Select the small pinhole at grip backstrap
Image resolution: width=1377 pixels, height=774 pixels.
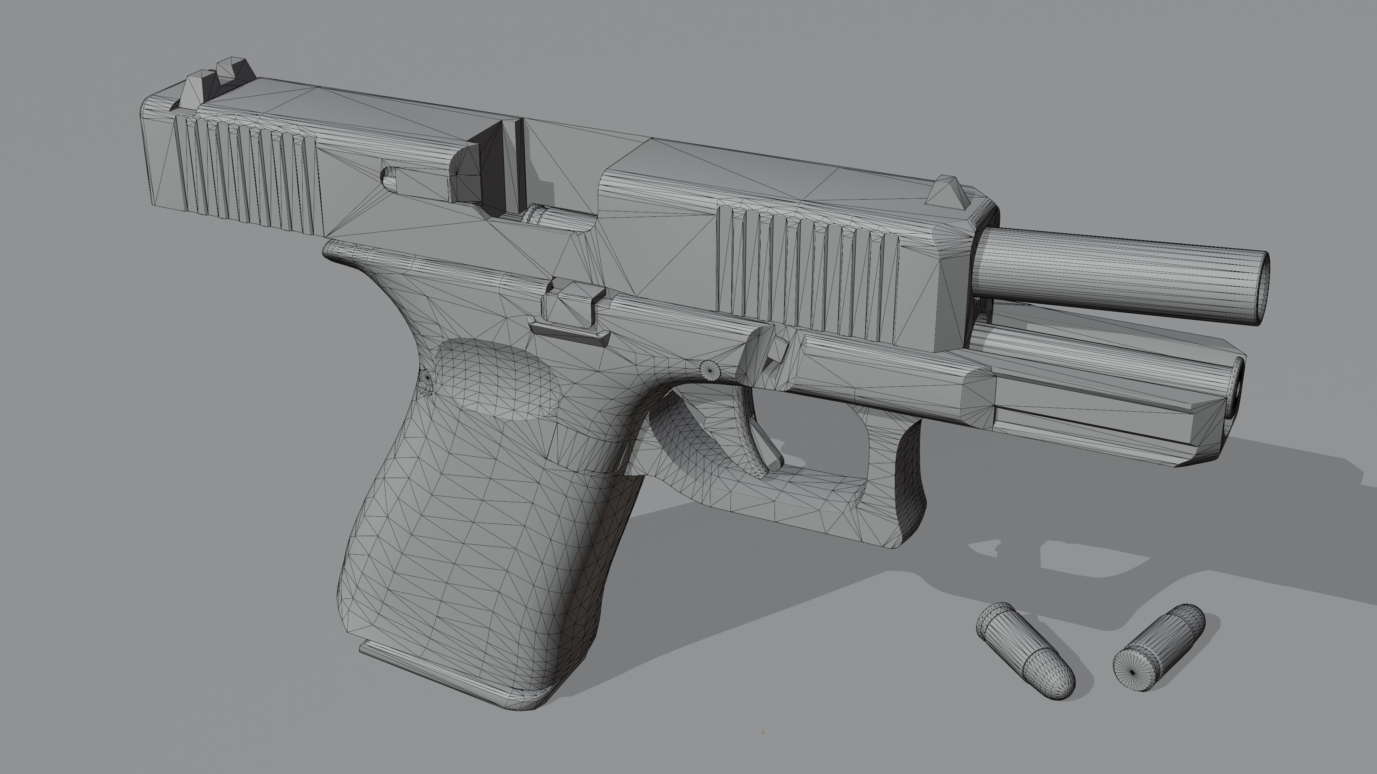coord(427,377)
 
